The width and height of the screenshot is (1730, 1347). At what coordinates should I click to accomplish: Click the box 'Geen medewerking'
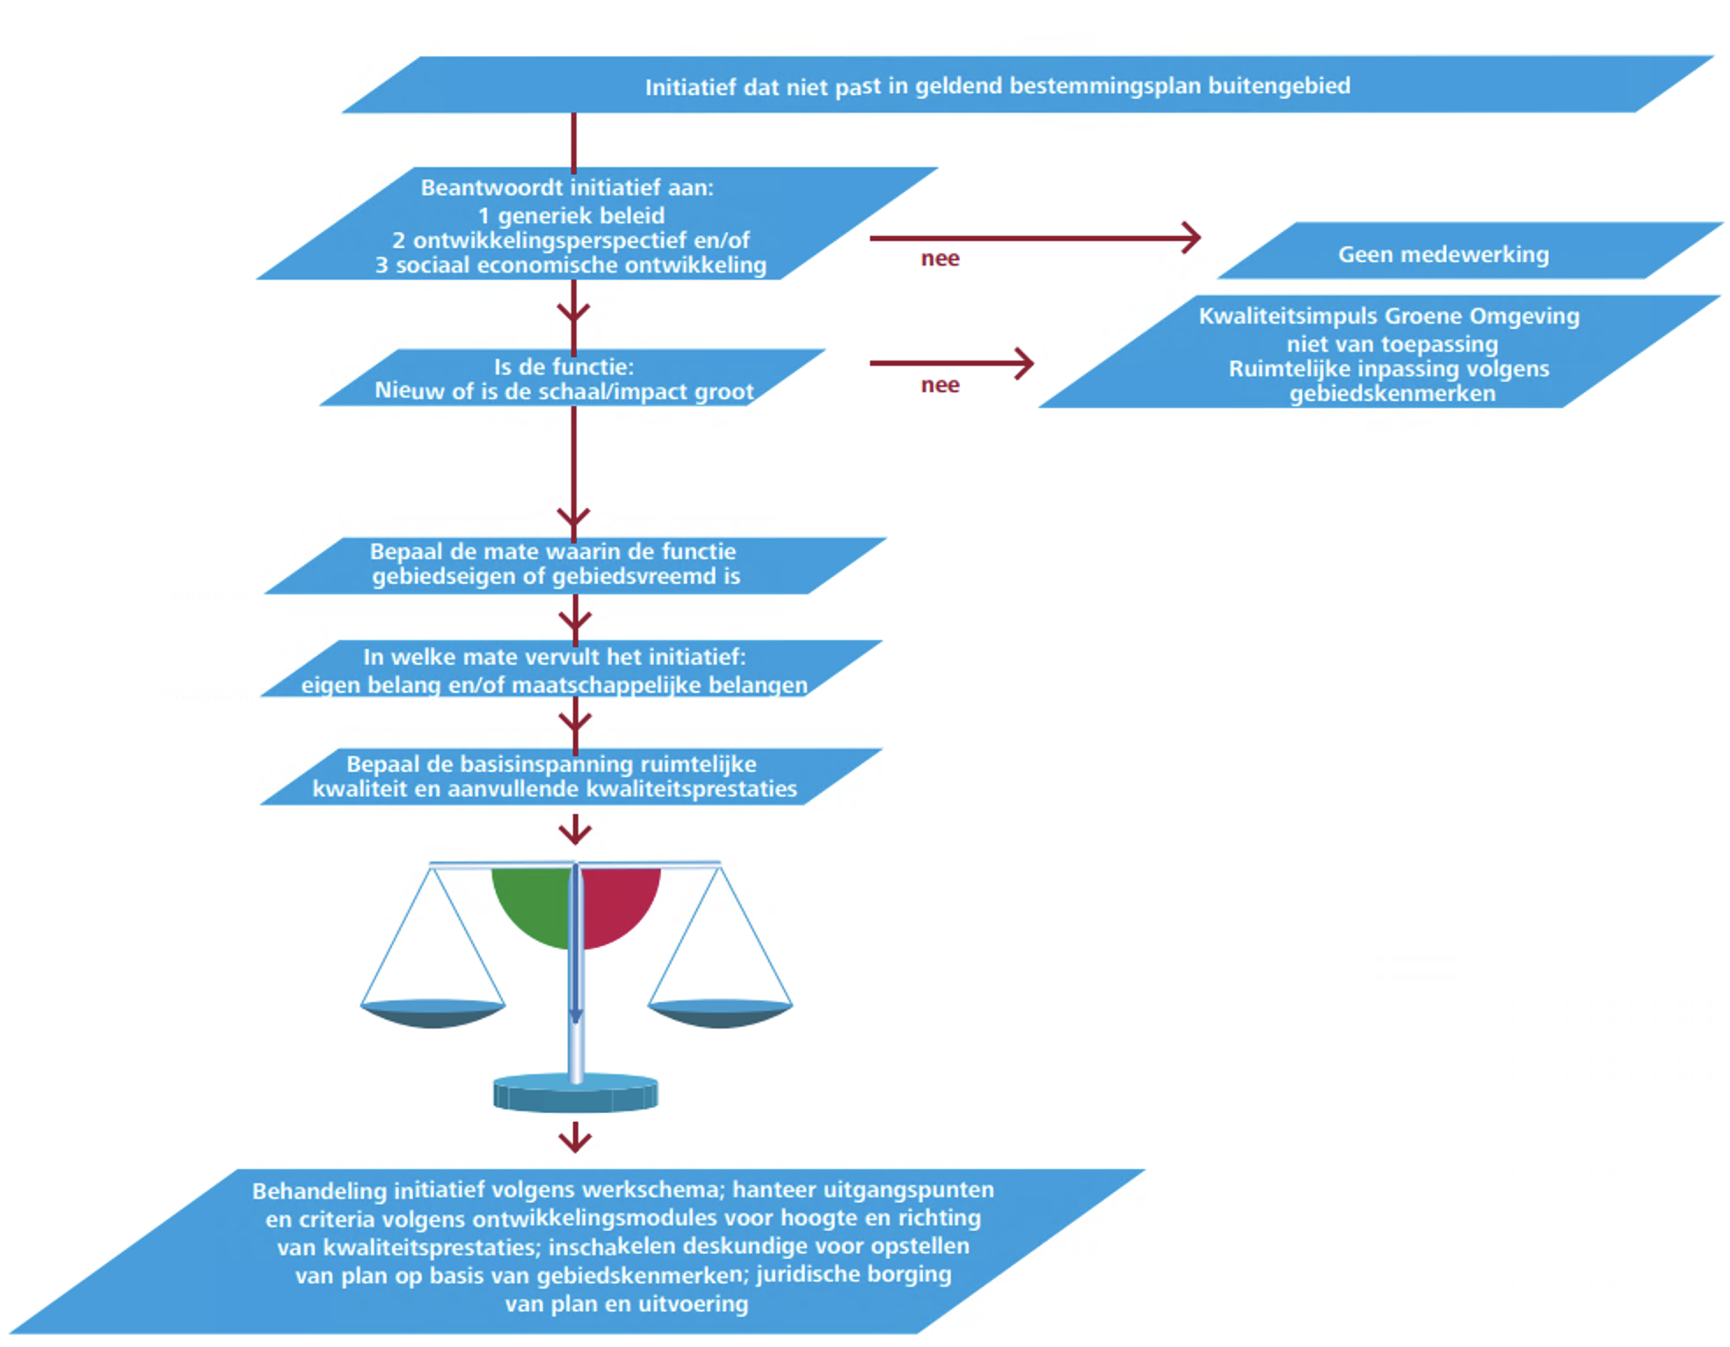[1443, 254]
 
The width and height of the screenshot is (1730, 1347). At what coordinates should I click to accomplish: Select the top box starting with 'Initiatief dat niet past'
[997, 86]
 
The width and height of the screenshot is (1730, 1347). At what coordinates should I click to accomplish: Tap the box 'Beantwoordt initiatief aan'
[571, 225]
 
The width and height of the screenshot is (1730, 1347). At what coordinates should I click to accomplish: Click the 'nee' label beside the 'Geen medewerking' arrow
[940, 258]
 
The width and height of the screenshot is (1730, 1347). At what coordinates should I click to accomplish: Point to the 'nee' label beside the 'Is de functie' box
[940, 385]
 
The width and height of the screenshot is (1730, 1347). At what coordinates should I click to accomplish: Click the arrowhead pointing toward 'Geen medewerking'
[1193, 237]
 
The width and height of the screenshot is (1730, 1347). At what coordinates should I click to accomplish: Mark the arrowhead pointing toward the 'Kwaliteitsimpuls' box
[1025, 363]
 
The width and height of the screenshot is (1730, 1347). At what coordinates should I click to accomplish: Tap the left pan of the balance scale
[432, 1013]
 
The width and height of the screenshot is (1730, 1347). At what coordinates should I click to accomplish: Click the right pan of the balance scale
[720, 1013]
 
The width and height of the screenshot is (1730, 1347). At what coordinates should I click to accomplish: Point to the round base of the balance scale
[576, 1093]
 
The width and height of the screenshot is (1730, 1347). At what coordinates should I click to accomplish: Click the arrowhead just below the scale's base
[575, 1141]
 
